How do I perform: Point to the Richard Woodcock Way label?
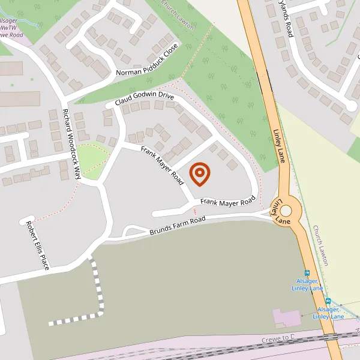tap(71, 144)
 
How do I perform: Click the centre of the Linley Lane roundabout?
tap(286, 211)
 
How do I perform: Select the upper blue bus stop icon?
tap(307, 272)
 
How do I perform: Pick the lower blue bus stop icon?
tap(328, 301)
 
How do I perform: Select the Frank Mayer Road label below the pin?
tap(228, 203)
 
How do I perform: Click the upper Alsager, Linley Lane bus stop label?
tap(308, 284)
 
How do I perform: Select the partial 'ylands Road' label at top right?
tap(285, 19)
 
